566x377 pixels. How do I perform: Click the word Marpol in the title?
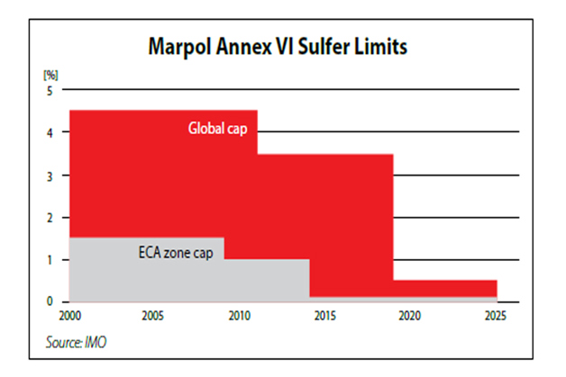(177, 47)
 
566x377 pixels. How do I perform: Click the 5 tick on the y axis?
(51, 90)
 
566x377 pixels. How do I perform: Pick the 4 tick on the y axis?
(51, 132)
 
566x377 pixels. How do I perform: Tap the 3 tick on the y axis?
(51, 175)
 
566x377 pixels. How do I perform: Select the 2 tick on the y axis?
(51, 217)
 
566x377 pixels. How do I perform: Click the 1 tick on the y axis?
(51, 259)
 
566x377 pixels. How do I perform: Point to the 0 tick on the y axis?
(51, 301)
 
